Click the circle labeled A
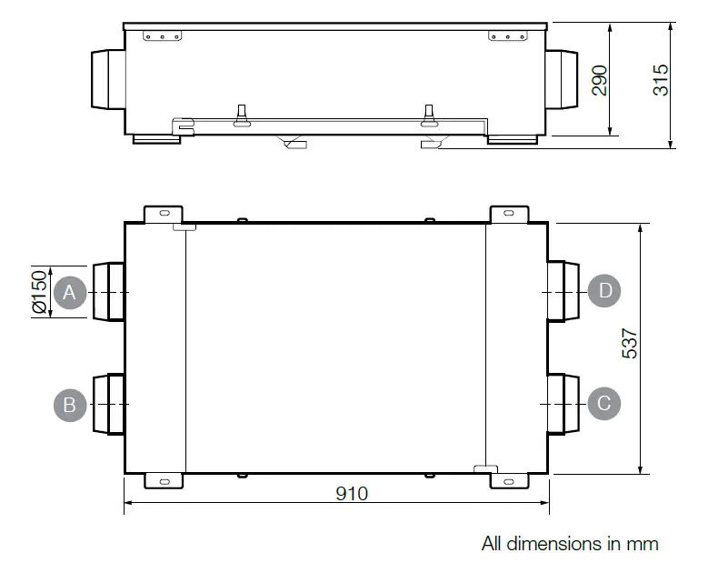point(70,292)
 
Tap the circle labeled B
point(70,403)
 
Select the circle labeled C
point(604,402)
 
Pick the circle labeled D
point(604,291)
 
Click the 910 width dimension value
point(351,493)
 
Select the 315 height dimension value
point(661,80)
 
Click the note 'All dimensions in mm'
point(570,544)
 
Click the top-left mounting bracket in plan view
point(164,214)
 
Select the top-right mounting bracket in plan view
point(510,214)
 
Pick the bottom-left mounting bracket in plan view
point(164,480)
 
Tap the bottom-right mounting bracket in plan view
point(510,480)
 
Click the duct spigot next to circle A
point(107,292)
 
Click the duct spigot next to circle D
point(563,292)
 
